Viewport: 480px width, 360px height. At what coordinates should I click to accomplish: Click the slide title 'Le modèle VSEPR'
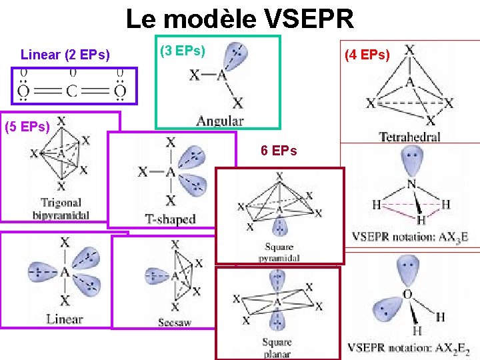point(240,19)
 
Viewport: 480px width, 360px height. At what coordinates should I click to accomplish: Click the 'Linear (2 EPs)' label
point(65,55)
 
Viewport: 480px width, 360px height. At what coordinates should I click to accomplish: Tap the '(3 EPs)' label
point(183,50)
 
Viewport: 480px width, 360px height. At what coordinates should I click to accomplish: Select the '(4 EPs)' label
point(367,55)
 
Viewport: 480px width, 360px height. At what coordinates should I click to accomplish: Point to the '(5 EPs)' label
point(27,127)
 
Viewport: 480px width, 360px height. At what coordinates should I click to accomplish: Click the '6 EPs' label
point(279,151)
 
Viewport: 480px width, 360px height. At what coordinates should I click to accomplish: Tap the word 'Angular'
point(219,121)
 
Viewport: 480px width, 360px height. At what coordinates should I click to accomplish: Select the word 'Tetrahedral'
point(409,137)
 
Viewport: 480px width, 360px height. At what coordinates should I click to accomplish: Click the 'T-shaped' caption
point(171,219)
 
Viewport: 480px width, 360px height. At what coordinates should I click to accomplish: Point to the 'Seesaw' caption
point(175,323)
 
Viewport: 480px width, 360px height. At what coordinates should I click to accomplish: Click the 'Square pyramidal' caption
point(278,253)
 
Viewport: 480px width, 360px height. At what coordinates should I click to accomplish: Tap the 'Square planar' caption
point(277,349)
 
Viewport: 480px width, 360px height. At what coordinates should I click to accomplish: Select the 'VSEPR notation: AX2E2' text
point(409,347)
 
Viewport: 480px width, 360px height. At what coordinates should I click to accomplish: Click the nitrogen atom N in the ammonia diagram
point(411,184)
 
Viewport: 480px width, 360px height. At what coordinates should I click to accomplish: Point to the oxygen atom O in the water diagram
point(407,294)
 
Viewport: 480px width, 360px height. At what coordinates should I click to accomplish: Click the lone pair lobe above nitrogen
point(410,160)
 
